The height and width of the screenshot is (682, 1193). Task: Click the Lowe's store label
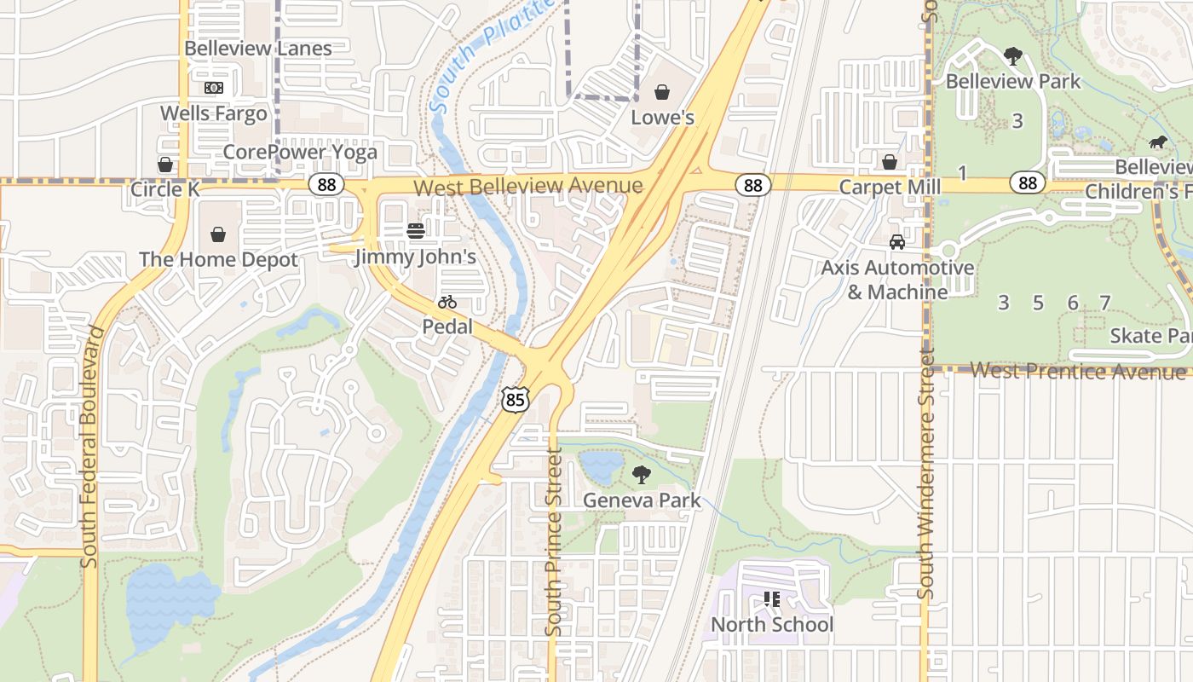point(662,118)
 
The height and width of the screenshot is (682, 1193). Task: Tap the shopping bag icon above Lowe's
point(662,92)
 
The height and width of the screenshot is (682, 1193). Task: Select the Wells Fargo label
point(213,113)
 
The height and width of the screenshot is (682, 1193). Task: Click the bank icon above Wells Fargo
point(213,88)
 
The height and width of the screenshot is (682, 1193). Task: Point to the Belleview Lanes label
point(258,49)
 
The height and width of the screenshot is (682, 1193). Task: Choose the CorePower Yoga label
point(300,153)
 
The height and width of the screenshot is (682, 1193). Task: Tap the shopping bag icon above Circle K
point(165,164)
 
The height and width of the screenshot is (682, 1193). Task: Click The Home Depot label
point(218,259)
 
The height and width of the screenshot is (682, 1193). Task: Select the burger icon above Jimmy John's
point(416,231)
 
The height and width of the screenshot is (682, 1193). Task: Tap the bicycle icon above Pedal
point(447,302)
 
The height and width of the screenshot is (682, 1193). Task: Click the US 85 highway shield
point(516,399)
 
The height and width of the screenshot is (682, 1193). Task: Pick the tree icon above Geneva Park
point(642,475)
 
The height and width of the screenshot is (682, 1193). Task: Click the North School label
point(772,625)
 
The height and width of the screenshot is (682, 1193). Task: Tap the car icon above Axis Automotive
point(897,242)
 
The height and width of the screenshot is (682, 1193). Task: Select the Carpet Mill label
point(890,187)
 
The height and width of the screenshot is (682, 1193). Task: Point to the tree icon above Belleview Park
point(1013,56)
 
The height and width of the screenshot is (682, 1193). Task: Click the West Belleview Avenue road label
point(528,186)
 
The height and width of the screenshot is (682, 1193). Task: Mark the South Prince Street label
point(554,542)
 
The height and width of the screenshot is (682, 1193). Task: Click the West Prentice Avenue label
point(1077,371)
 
